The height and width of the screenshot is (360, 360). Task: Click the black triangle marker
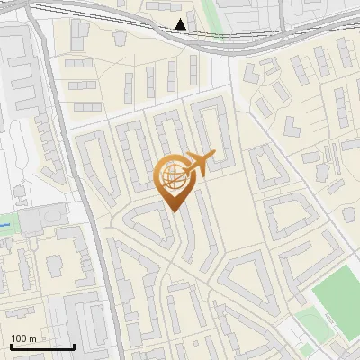pos(181,24)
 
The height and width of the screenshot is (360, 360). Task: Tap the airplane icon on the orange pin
pos(197,163)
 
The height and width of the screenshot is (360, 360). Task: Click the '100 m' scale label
pos(23,338)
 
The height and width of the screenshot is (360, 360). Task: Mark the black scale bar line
pos(41,346)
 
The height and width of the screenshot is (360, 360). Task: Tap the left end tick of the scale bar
pos(11,345)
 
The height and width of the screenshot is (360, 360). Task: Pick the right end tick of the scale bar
pos(74,345)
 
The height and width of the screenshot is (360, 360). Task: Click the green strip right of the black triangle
pos(209,18)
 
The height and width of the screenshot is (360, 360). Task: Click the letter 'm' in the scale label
pos(32,338)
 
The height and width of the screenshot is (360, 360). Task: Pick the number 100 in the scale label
pos(19,338)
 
